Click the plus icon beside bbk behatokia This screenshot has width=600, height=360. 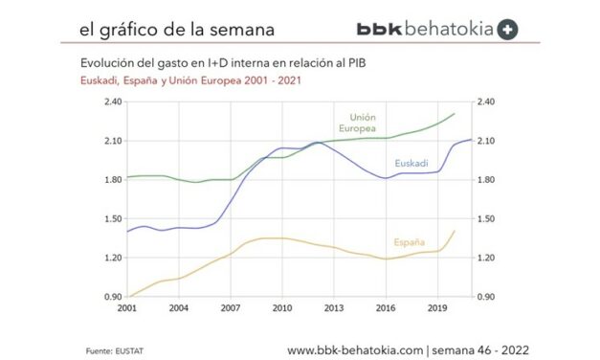click(508, 29)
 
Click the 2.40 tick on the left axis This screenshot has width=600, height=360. click(112, 101)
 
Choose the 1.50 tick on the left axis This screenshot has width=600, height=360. click(112, 218)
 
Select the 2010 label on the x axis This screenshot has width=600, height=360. click(281, 309)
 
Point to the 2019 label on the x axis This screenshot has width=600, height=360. click(436, 309)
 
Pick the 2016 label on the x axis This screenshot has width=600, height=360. click(385, 309)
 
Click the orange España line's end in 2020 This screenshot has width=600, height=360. click(454, 231)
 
